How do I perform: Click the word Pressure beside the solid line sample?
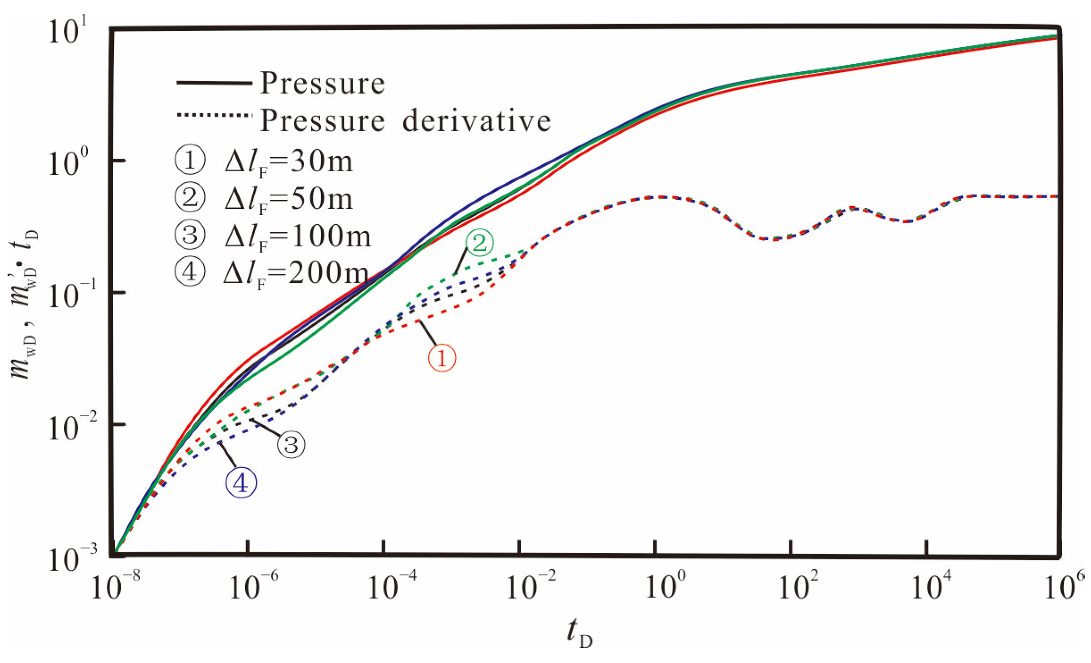322,83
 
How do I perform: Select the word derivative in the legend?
477,120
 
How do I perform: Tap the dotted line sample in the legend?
214,115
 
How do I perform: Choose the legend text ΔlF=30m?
288,162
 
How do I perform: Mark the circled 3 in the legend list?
190,235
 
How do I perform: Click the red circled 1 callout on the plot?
442,358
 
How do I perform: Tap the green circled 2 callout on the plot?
480,243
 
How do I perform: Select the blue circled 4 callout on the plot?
241,482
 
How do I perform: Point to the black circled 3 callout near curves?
291,444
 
